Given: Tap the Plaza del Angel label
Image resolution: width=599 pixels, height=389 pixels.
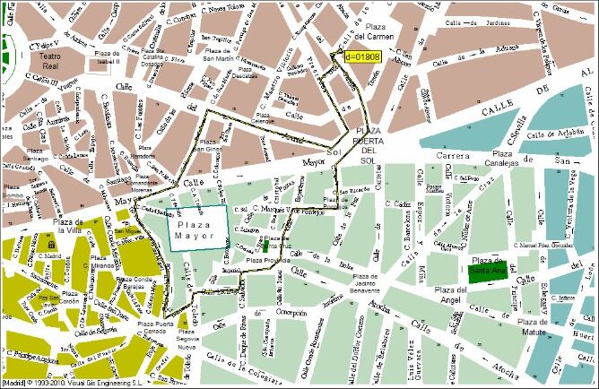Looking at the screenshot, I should (x=451, y=295).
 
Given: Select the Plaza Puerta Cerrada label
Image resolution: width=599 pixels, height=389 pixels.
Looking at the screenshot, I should (x=149, y=329).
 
